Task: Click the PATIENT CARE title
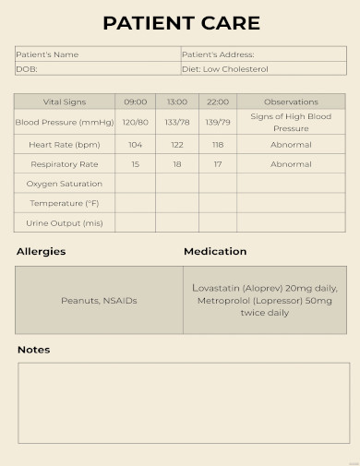181,23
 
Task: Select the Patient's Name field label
47,54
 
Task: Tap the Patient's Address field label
218,54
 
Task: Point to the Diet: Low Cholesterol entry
225,68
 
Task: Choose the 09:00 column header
135,102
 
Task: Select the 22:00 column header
218,102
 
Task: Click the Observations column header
291,102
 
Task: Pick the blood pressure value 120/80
135,122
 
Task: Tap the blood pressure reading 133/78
177,122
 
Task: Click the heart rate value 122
177,145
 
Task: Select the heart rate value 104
135,145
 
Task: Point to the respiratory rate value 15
135,164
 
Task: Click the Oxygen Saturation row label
65,184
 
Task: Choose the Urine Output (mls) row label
65,222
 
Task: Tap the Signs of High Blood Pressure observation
291,122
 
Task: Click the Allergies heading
42,251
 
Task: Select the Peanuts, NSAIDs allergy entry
99,300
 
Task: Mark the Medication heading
215,251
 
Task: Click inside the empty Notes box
184,402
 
